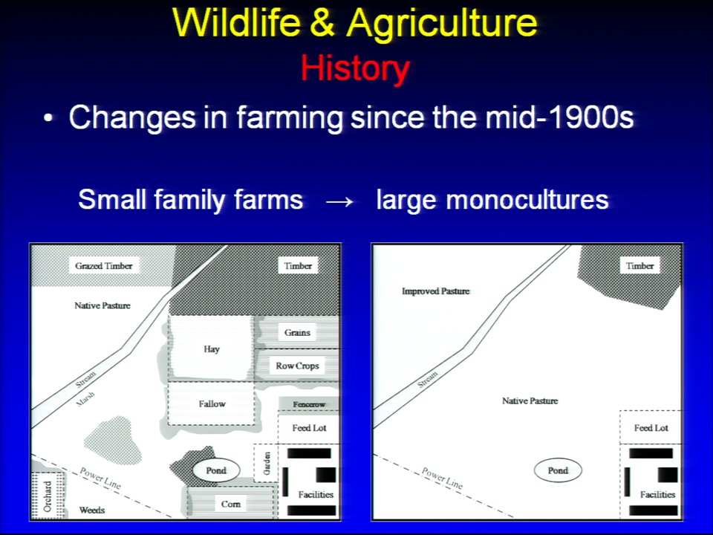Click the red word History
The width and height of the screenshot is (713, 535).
pyautogui.click(x=355, y=68)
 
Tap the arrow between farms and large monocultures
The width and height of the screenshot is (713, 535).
pyautogui.click(x=339, y=201)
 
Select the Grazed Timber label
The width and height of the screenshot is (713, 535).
pyautogui.click(x=104, y=266)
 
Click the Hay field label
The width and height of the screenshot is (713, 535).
pyautogui.click(x=212, y=349)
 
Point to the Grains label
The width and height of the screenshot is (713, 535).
pyautogui.click(x=297, y=333)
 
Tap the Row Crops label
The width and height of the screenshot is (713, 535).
pyautogui.click(x=297, y=366)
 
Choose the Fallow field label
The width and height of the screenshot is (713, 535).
pyautogui.click(x=212, y=403)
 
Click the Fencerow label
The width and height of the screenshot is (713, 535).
pyautogui.click(x=309, y=404)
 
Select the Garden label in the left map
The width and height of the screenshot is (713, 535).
pyautogui.click(x=267, y=463)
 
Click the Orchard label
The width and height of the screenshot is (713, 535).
pyautogui.click(x=48, y=496)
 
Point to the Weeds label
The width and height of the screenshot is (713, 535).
pyautogui.click(x=92, y=510)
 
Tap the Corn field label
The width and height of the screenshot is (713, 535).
pyautogui.click(x=230, y=504)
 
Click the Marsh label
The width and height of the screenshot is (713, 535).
pyautogui.click(x=85, y=398)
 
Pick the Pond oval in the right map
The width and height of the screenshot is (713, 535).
pyautogui.click(x=558, y=470)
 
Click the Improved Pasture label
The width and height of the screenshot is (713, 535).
pyautogui.click(x=436, y=291)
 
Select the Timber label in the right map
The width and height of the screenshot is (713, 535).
pyautogui.click(x=639, y=266)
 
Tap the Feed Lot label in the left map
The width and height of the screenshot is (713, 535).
pyautogui.click(x=309, y=428)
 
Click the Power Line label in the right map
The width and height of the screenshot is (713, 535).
pyautogui.click(x=442, y=478)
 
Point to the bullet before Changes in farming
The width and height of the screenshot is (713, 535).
pyautogui.click(x=48, y=119)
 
